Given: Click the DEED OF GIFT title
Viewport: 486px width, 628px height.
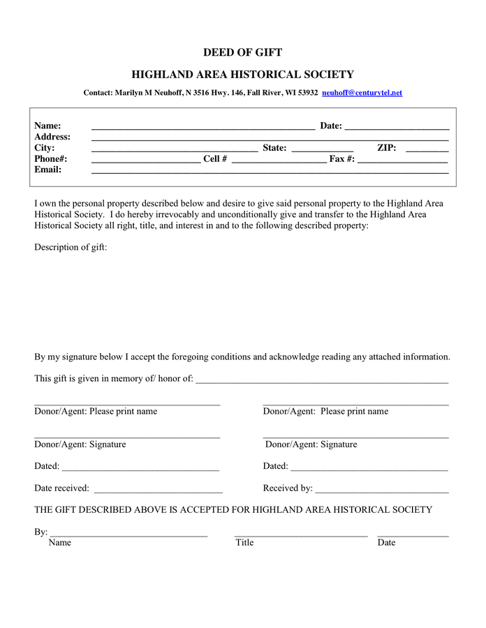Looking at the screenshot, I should pos(242,52).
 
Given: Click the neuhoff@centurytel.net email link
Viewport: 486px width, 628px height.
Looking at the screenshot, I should pos(362,93).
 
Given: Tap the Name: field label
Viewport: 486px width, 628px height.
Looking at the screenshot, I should pos(47,126).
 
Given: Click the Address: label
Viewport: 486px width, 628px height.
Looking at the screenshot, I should pos(52,137).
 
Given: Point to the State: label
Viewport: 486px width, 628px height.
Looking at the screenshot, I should pos(274,148).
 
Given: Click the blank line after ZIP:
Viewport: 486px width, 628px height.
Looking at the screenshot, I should pos(427,149).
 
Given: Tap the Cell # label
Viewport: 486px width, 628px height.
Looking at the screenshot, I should pos(215,159).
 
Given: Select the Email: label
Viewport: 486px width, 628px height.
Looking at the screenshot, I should pos(48,170).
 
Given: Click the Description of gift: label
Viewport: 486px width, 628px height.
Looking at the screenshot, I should pos(71,247).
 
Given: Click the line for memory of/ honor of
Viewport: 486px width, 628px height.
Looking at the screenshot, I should pos(322,381).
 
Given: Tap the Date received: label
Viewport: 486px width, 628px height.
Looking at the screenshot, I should pos(61,488).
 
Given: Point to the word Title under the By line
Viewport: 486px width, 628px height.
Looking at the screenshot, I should pos(244,542).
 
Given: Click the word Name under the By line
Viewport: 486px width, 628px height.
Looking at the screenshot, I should pos(60,542).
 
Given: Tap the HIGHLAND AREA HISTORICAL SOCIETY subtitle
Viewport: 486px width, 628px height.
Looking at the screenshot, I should pos(242,75).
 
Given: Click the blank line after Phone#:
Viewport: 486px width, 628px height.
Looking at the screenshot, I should pos(146,160).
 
